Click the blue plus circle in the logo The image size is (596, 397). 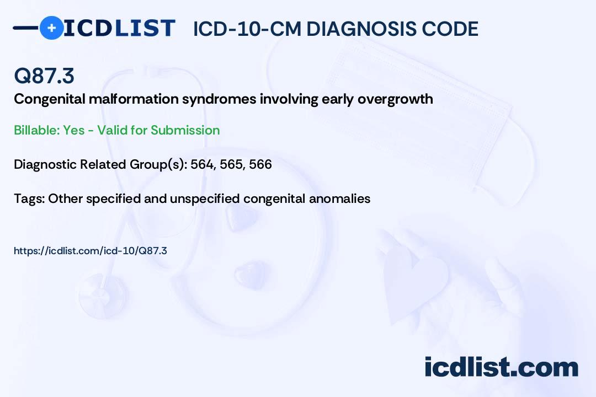click(51, 28)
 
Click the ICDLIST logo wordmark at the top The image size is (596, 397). click(119, 28)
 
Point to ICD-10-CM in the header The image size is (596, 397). click(247, 29)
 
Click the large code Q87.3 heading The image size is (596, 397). click(44, 76)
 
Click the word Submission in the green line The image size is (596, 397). click(185, 130)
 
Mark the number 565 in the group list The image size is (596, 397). click(232, 164)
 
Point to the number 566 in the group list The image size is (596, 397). click(260, 164)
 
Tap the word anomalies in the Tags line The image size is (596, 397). click(342, 198)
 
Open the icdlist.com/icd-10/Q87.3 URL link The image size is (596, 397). click(91, 251)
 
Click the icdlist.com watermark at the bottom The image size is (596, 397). click(501, 367)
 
